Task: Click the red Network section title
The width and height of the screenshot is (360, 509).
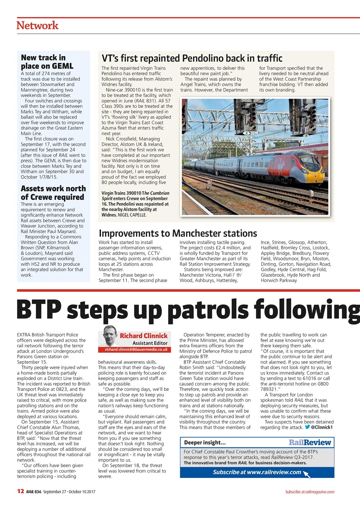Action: point(37,25)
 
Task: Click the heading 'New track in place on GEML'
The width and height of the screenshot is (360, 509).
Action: point(43,62)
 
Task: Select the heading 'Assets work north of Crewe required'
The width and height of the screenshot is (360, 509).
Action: point(53,192)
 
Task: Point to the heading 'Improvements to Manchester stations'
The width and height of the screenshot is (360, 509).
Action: point(178,233)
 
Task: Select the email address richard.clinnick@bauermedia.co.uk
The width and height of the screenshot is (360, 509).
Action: point(136,350)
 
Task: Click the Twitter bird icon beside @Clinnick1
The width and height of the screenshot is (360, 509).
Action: point(307,427)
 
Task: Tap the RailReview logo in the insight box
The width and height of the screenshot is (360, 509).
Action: point(309,442)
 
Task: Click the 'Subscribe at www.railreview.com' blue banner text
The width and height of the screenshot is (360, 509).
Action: point(257,472)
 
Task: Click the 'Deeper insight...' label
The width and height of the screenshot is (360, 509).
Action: point(205,443)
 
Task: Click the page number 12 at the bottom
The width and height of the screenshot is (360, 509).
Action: point(21,492)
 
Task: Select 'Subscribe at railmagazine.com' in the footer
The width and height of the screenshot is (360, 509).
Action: point(309,492)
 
